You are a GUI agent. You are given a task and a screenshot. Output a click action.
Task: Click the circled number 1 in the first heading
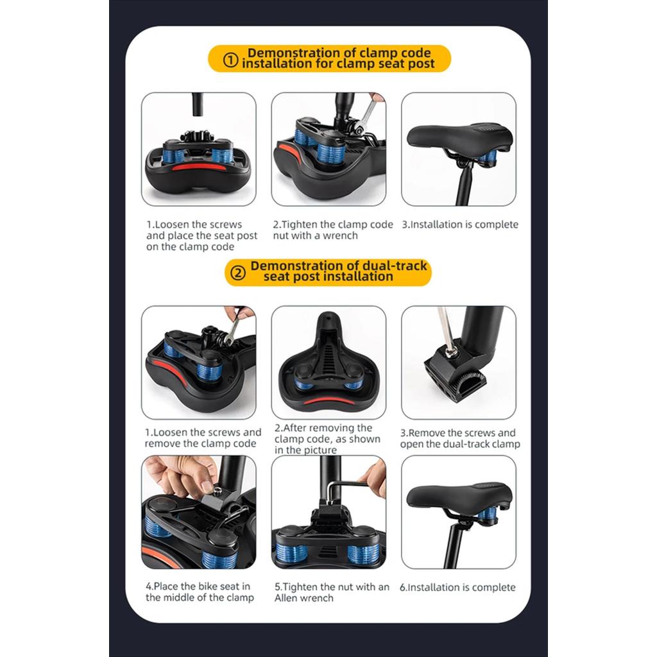tap(230, 60)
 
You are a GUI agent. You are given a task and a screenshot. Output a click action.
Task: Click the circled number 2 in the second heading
tap(239, 273)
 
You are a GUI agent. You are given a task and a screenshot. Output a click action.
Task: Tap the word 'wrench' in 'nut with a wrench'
tap(340, 236)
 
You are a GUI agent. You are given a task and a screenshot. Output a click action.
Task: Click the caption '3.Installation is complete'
tap(460, 225)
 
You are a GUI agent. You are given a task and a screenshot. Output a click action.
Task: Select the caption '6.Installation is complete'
tap(457, 588)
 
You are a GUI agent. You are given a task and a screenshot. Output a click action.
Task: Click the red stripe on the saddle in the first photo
tap(197, 167)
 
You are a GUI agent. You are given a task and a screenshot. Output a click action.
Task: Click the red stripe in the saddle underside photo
tap(329, 402)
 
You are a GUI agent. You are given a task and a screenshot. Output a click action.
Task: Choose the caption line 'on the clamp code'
tap(190, 247)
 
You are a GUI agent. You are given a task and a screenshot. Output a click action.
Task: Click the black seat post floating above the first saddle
tap(198, 105)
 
